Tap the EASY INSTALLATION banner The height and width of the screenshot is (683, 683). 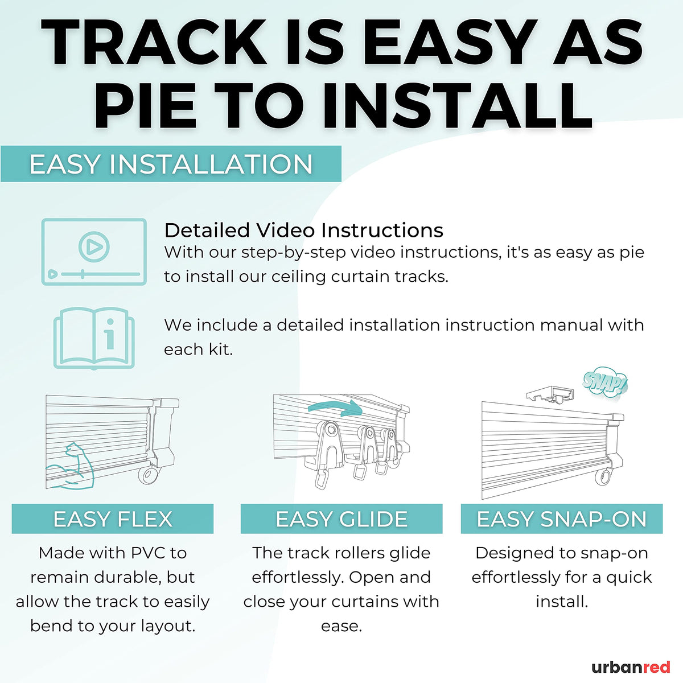(171, 164)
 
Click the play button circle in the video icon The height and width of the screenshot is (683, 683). (94, 246)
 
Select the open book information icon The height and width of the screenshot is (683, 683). (94, 339)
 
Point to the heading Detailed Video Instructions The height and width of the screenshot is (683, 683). (304, 230)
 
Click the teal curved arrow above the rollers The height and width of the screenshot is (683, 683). (335, 408)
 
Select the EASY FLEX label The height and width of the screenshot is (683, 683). (113, 519)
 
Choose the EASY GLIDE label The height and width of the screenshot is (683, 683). (341, 519)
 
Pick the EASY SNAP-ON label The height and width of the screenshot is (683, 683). (562, 519)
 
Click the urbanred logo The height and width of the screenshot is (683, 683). (631, 667)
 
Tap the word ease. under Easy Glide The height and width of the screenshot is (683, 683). (341, 626)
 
